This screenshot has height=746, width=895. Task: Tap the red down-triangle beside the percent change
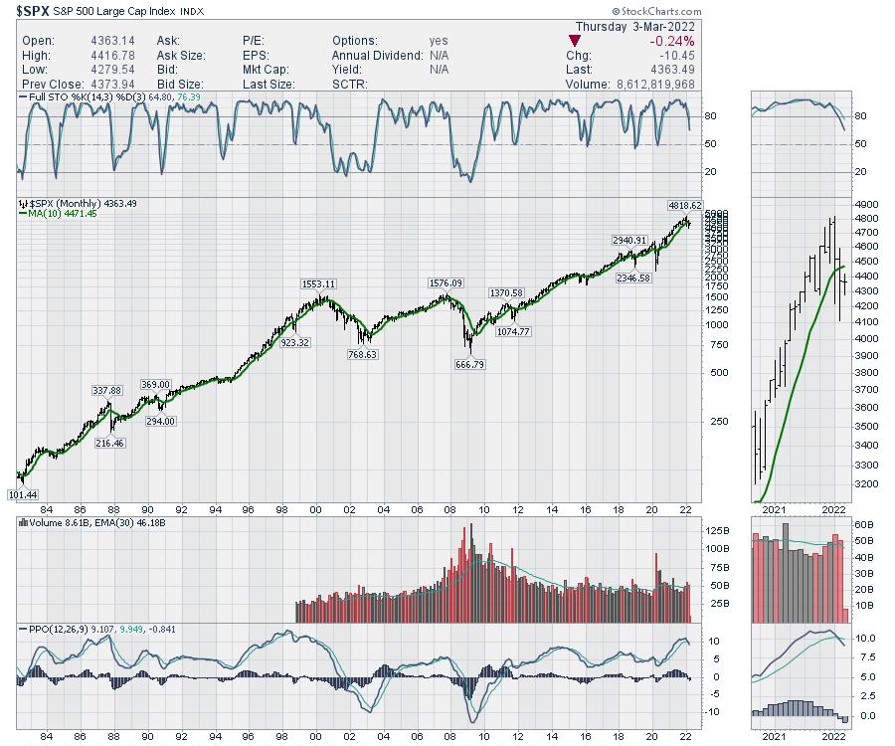(x=574, y=41)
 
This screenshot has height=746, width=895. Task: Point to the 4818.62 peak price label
(x=685, y=204)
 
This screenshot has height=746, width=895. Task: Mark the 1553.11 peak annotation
(x=320, y=283)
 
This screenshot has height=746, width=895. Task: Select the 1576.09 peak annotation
(x=446, y=282)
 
